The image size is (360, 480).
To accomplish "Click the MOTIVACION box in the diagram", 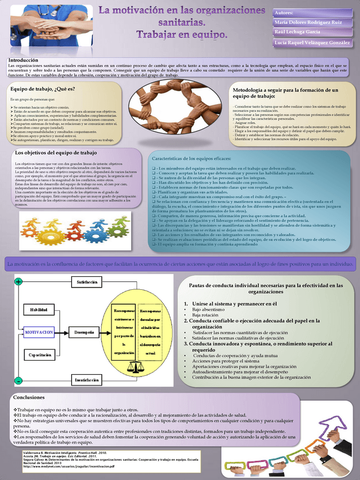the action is (39, 332).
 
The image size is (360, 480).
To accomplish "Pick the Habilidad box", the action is (39, 310).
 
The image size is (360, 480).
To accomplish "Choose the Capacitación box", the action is (39, 354).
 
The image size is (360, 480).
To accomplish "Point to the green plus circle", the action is (19, 282).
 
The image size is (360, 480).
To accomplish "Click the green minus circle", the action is (19, 380).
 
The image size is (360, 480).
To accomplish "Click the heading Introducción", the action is (23, 60).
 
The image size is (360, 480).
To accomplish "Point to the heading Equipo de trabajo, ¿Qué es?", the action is (42, 88).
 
